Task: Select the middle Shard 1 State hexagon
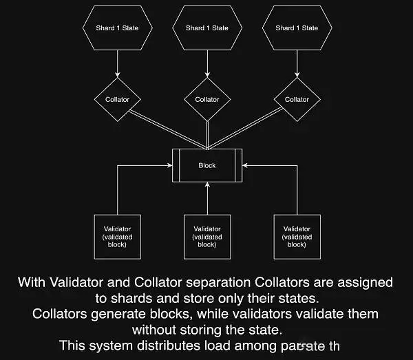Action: [207, 28]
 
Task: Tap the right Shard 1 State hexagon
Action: [297, 28]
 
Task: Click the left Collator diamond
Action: [117, 99]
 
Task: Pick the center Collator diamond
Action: [207, 99]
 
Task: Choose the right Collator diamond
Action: [297, 99]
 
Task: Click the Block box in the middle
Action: [207, 165]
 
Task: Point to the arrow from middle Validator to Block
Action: [207, 200]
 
